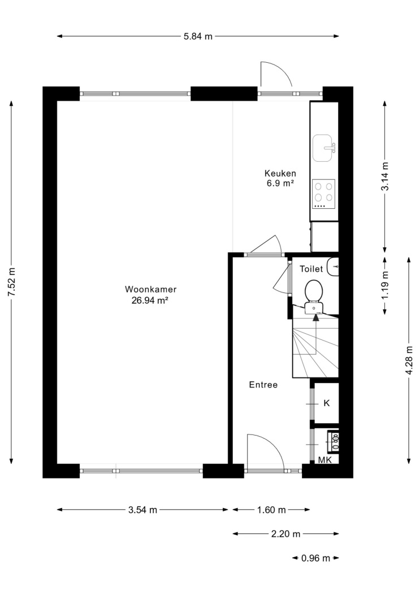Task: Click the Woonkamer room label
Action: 150,290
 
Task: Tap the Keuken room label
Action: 280,174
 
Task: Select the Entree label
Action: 263,385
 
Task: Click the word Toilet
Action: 311,269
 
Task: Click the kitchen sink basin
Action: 323,148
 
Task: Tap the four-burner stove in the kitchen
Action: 324,194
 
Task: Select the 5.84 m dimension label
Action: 198,36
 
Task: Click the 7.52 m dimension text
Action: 12,282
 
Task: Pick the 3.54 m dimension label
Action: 142,510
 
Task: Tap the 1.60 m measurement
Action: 271,510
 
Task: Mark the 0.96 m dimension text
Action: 316,558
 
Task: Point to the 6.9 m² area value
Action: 280,184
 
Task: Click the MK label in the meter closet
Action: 324,460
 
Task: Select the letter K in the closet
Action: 327,403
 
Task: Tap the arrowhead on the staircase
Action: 316,317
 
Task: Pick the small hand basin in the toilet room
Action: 334,266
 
